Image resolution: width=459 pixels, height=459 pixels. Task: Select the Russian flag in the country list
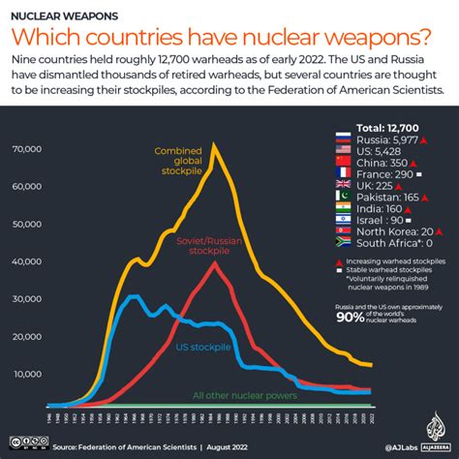[340, 138]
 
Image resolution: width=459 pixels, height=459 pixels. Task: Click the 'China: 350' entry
[382, 162]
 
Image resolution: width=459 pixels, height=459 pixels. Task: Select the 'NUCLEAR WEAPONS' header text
[65, 16]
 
